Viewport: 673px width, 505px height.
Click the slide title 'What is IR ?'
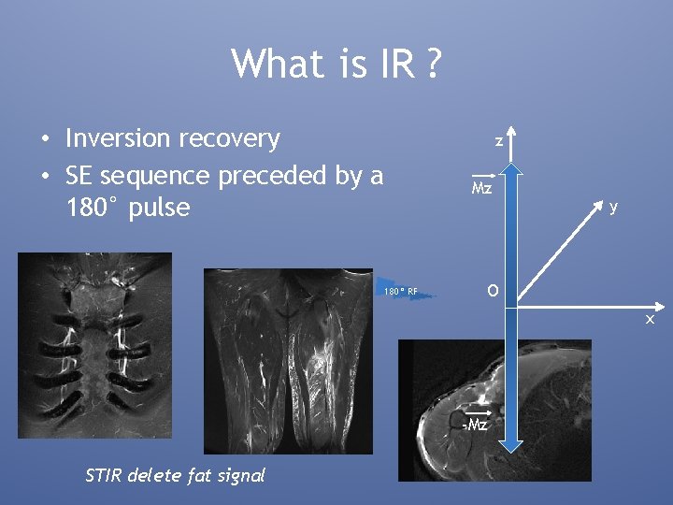point(336,65)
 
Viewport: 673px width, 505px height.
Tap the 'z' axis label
point(499,140)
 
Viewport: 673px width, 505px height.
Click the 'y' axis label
point(613,206)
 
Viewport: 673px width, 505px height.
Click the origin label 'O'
point(492,291)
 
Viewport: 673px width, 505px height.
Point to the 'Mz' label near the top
point(481,186)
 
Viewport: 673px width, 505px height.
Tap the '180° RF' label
point(399,291)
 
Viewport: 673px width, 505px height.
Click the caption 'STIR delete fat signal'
point(175,475)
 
